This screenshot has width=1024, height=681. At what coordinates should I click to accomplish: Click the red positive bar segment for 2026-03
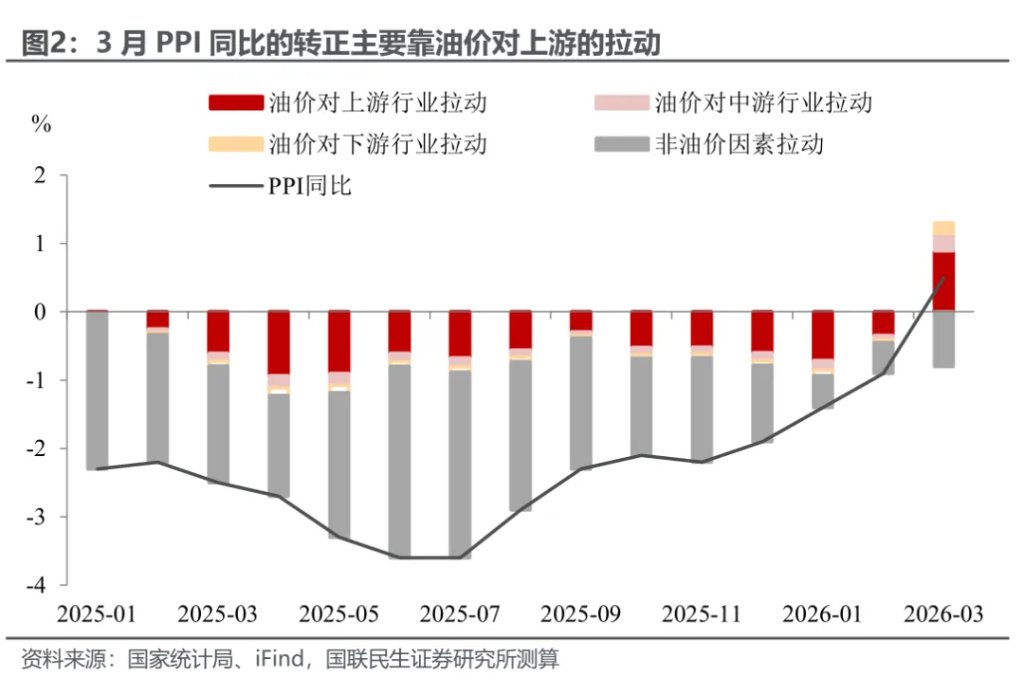point(943,282)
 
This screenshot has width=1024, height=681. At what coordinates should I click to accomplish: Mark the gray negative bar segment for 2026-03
point(943,339)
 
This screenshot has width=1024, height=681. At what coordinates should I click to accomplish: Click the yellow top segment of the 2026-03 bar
point(943,228)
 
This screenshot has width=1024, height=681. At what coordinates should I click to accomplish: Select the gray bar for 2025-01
point(97,390)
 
